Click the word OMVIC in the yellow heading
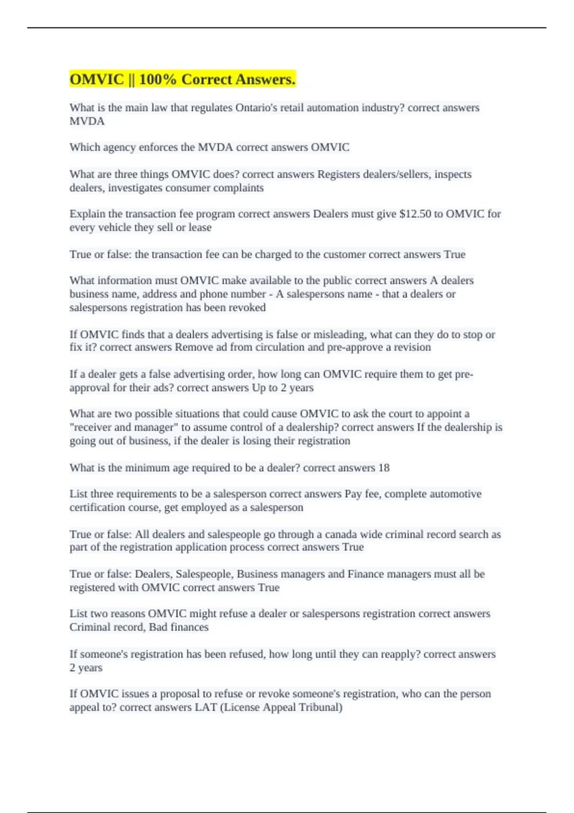click(x=97, y=79)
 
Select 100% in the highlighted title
click(x=158, y=79)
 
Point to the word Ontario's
click(x=258, y=108)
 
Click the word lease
click(x=200, y=227)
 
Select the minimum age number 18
click(x=384, y=467)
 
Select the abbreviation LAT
click(x=206, y=707)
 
